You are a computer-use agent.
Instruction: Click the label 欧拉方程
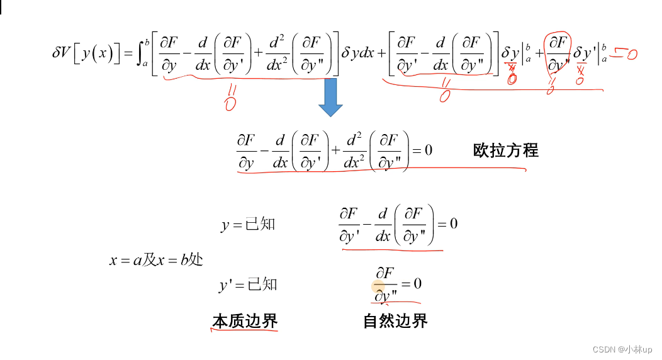click(x=505, y=150)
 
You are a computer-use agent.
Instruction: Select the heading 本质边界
click(x=245, y=321)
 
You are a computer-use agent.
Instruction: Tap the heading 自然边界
click(x=395, y=321)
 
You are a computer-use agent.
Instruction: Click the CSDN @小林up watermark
click(x=622, y=349)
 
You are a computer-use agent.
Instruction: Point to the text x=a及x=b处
click(x=156, y=260)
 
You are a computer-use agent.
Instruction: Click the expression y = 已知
click(x=248, y=225)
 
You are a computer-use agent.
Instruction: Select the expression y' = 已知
click(x=248, y=285)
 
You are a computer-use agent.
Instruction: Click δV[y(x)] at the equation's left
click(x=86, y=55)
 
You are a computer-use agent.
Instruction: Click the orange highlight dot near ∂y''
click(x=378, y=289)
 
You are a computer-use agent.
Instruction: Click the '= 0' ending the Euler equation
click(x=421, y=150)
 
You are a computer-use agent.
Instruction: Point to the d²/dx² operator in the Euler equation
click(x=354, y=150)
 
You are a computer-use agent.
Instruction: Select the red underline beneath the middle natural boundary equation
click(x=392, y=250)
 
